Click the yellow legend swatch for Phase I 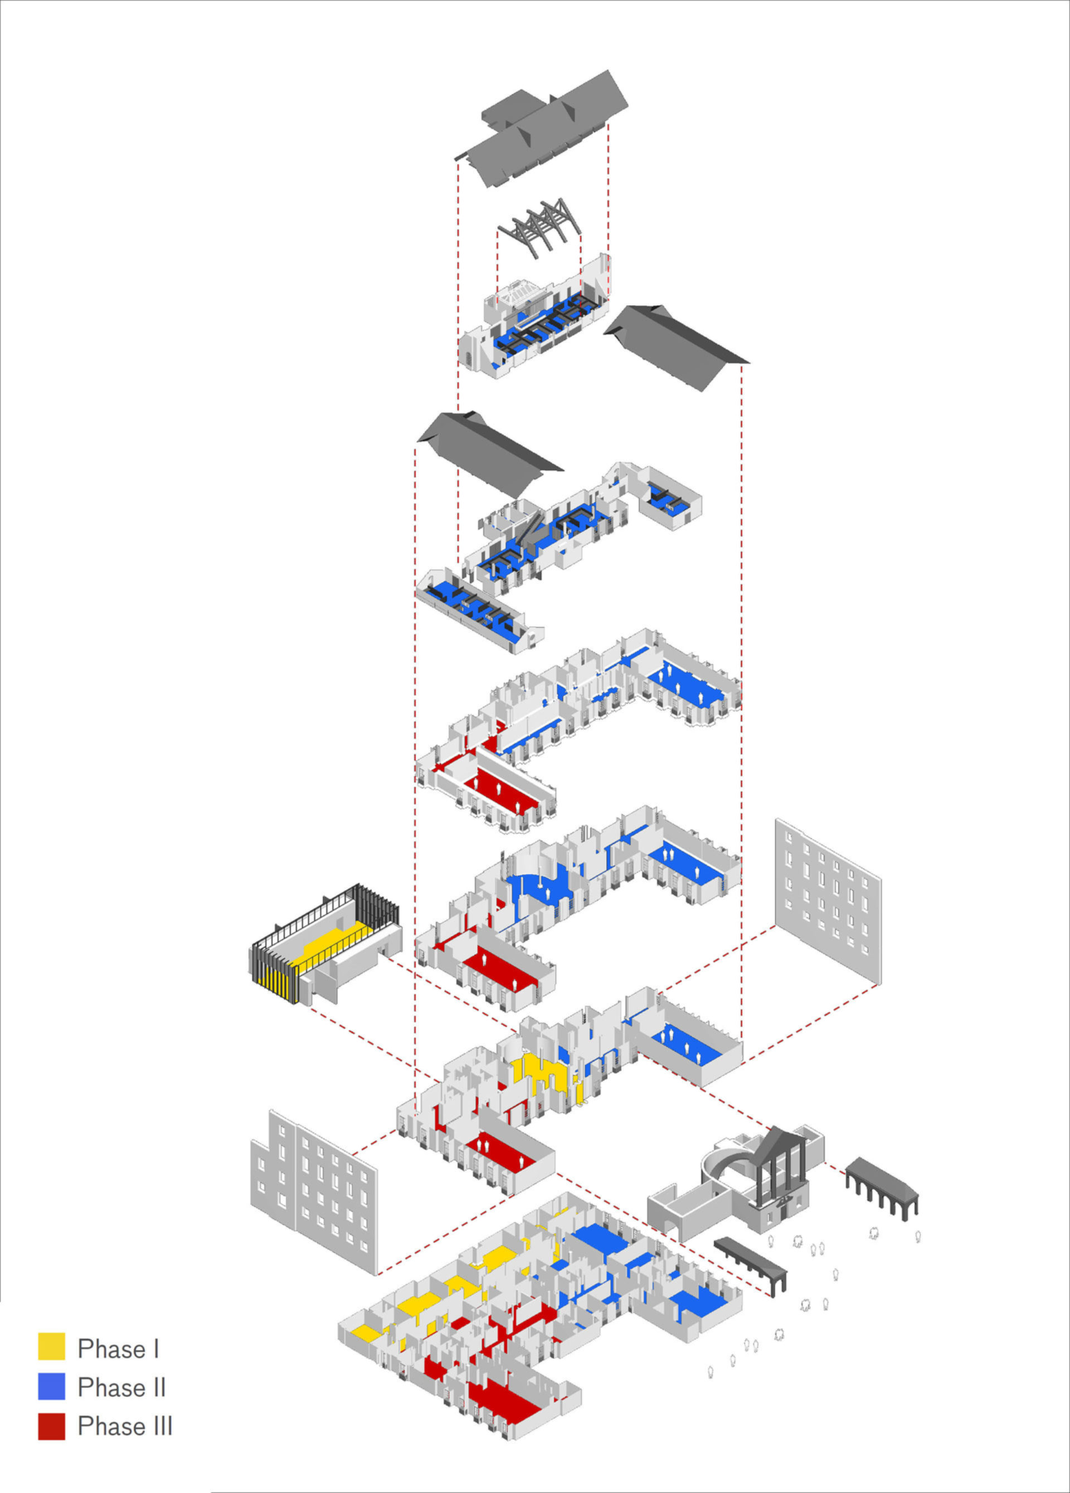click(51, 1346)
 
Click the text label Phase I click(119, 1348)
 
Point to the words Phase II click(122, 1387)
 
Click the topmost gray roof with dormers click(541, 128)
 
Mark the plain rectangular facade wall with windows click(828, 901)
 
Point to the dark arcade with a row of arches click(882, 1185)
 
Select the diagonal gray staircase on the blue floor click(531, 526)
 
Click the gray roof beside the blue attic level click(676, 348)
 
